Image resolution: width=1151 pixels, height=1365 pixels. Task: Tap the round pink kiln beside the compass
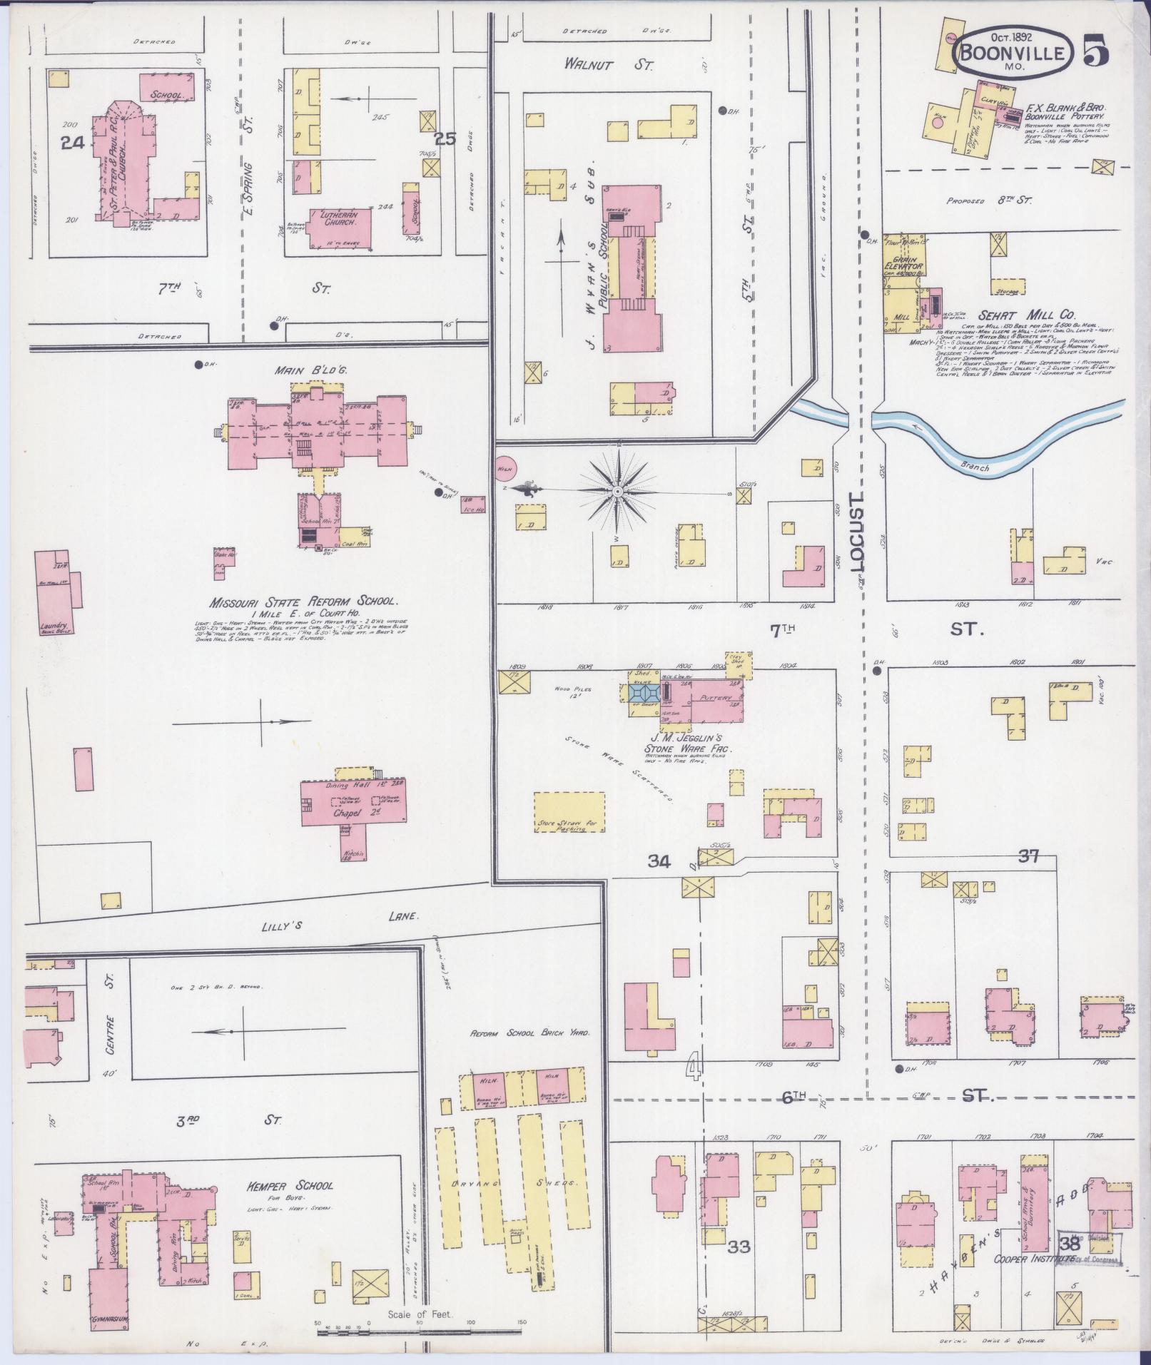(x=505, y=467)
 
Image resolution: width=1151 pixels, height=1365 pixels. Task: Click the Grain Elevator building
(x=904, y=267)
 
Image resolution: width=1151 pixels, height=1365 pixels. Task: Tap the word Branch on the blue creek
(x=974, y=468)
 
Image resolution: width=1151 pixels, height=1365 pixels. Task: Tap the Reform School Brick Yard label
(x=529, y=1032)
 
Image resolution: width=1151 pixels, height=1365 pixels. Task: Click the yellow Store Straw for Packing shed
(x=570, y=811)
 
